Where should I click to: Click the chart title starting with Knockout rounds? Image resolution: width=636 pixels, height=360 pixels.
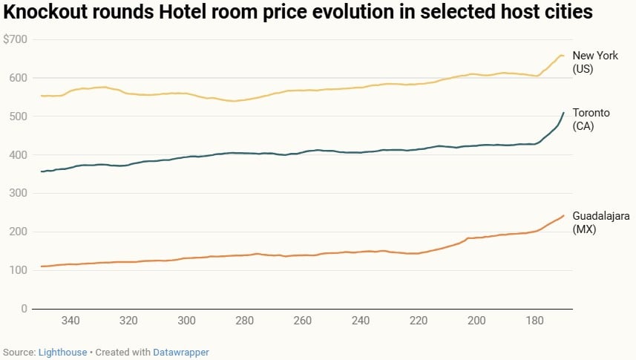(x=298, y=13)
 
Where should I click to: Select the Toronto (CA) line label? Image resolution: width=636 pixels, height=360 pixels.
(x=591, y=119)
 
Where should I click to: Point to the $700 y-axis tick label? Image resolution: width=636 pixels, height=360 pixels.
(x=15, y=39)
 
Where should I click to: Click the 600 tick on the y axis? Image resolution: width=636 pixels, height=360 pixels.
(x=17, y=78)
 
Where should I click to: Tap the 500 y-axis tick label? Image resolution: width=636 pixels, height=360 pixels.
(x=17, y=117)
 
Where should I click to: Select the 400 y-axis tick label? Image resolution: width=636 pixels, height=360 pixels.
(x=17, y=155)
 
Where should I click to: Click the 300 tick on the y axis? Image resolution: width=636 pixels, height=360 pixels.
(x=17, y=193)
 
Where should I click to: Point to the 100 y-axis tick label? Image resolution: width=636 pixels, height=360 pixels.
(x=17, y=270)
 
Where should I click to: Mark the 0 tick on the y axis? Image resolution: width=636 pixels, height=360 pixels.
(x=24, y=309)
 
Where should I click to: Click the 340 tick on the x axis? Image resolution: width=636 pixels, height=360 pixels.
(x=71, y=321)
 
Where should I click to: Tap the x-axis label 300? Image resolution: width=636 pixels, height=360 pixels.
(x=186, y=321)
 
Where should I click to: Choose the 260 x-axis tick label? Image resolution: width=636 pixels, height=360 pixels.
(x=302, y=321)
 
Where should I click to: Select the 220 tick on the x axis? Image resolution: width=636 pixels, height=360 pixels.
(x=418, y=321)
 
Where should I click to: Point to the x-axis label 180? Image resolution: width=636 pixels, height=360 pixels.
(x=534, y=321)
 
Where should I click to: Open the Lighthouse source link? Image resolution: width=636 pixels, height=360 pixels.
(x=62, y=353)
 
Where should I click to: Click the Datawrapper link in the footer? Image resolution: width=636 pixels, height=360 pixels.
(x=180, y=353)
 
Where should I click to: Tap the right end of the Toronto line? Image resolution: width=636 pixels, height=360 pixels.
(x=563, y=113)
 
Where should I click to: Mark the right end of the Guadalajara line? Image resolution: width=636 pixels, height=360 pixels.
(x=563, y=216)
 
